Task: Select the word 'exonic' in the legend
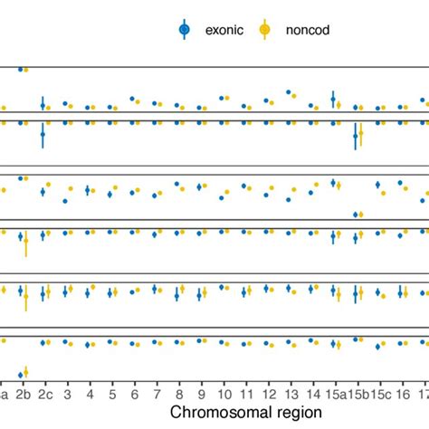point(222,30)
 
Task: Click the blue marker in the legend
point(185,30)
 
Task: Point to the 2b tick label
point(24,395)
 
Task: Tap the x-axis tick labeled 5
point(112,395)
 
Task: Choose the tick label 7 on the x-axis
point(157,395)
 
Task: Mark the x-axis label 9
point(201,395)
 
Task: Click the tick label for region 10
point(224,395)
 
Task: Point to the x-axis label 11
point(245,395)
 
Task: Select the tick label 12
point(268,395)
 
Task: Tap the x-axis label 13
point(290,395)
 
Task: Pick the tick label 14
point(312,395)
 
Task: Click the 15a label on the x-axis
point(335,395)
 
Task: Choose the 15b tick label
point(357,395)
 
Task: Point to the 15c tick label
point(380,395)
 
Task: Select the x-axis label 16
point(401,395)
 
